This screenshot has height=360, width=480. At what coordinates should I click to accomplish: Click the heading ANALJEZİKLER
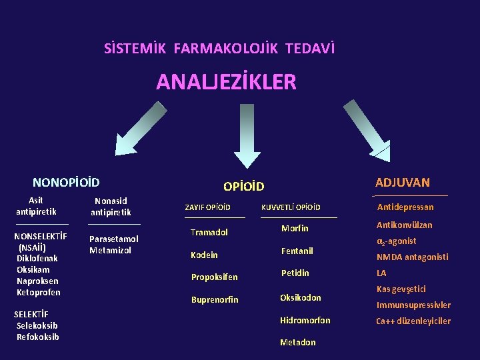(x=226, y=82)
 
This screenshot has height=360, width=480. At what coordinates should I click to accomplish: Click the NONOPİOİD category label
(x=66, y=182)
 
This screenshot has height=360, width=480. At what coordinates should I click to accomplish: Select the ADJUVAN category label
(x=402, y=183)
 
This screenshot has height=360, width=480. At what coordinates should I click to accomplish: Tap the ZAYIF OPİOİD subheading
(x=207, y=208)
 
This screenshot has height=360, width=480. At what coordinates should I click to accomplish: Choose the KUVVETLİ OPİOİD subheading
(x=291, y=208)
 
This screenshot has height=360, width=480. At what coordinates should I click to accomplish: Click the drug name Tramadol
(x=209, y=233)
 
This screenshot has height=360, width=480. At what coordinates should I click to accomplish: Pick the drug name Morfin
(x=295, y=229)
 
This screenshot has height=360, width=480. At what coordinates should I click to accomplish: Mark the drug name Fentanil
(x=297, y=251)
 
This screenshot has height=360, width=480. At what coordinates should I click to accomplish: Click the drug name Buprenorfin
(x=215, y=300)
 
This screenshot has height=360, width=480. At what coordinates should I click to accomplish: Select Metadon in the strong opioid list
(x=298, y=343)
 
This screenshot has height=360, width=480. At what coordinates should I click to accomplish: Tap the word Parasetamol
(x=114, y=239)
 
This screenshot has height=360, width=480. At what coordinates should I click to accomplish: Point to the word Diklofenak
(x=37, y=258)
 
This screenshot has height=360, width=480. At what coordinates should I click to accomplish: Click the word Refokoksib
(x=38, y=337)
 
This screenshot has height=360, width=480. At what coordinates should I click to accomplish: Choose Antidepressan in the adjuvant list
(x=405, y=207)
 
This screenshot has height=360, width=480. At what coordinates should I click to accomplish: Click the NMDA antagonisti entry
(x=412, y=257)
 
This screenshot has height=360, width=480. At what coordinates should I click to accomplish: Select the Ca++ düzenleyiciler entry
(x=413, y=321)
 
